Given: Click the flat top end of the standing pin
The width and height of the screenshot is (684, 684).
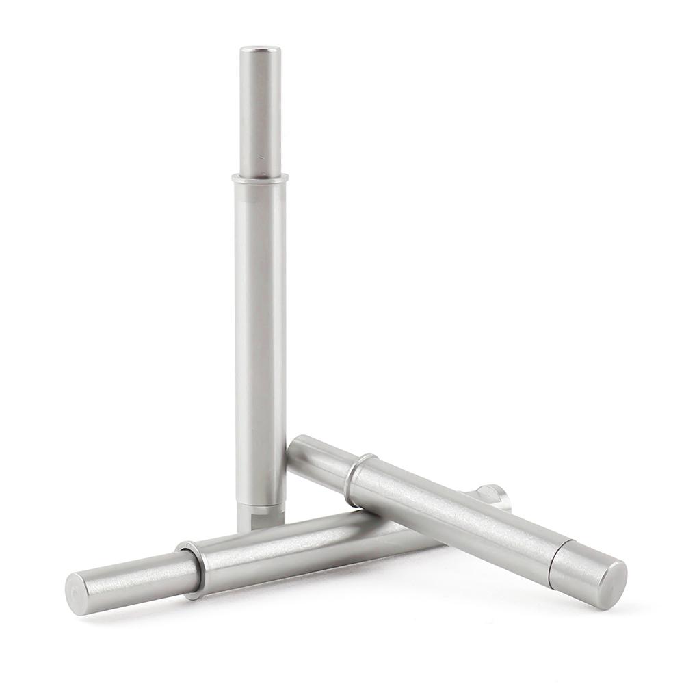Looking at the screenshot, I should (x=260, y=49).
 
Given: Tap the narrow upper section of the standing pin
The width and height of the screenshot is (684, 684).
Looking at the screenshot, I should (x=260, y=109).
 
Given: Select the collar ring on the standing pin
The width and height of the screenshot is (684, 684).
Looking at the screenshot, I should (x=260, y=178).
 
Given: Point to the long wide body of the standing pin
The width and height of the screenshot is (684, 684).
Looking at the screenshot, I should (x=260, y=328).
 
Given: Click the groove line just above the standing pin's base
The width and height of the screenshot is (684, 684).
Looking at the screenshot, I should (x=261, y=505).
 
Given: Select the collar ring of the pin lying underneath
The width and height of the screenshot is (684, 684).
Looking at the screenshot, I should (x=192, y=564).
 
